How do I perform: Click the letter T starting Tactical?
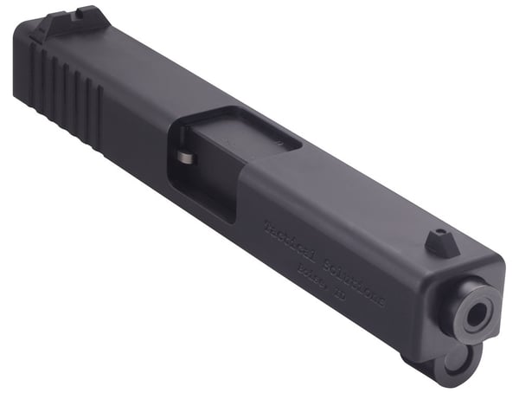[x=267, y=222]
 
